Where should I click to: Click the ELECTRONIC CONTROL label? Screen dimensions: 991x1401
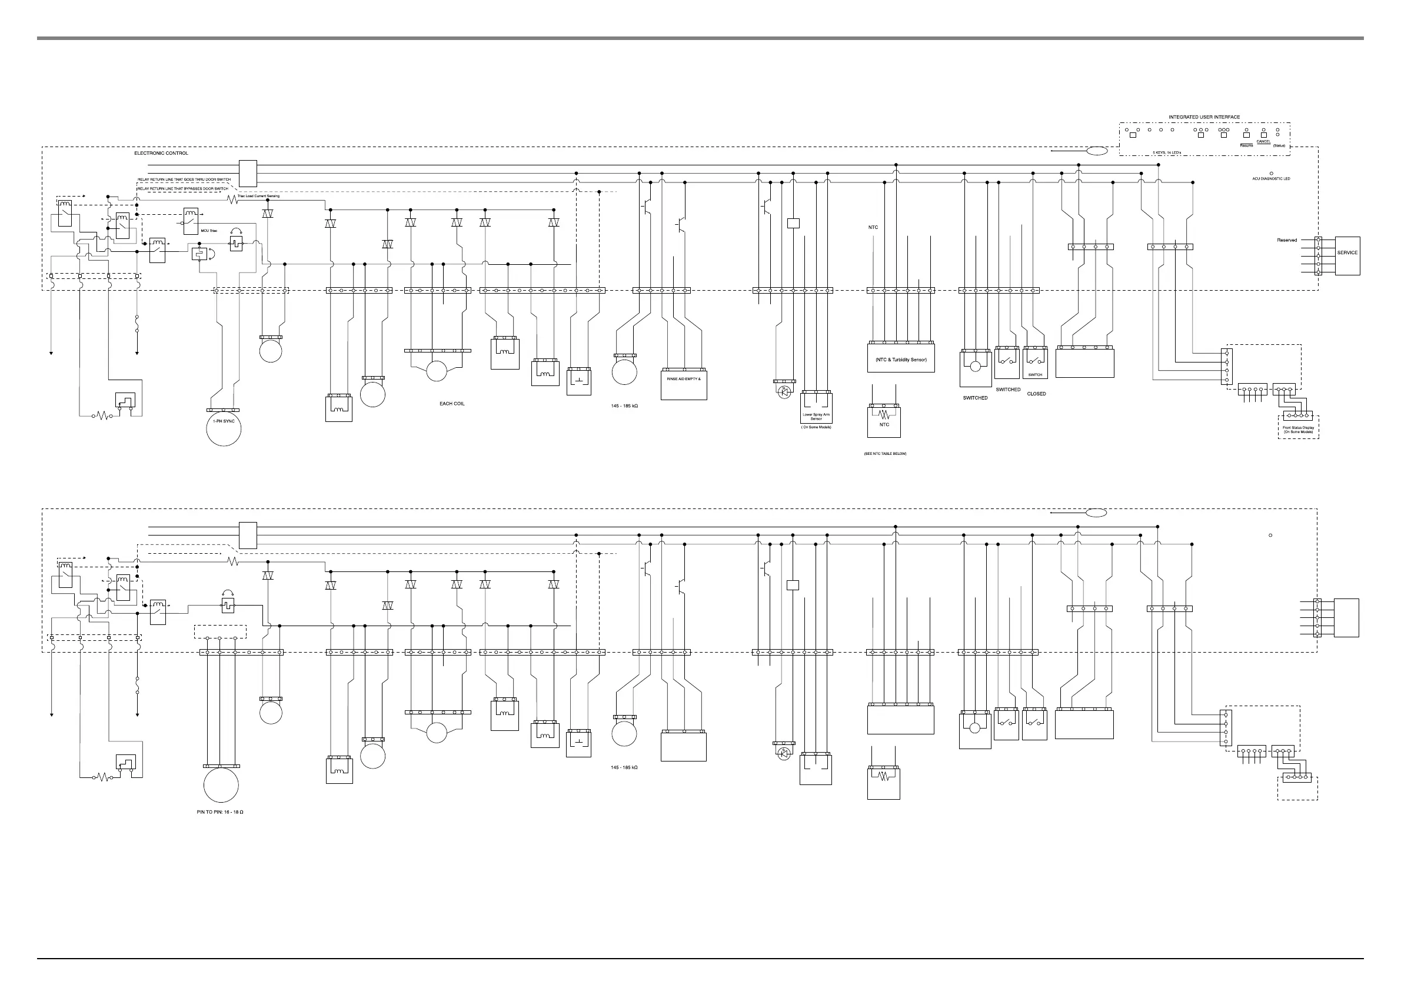[x=161, y=153]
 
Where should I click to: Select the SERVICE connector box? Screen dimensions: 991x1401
[x=1347, y=252]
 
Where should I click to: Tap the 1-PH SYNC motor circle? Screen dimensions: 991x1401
[x=224, y=428]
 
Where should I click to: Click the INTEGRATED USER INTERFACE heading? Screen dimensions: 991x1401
[x=1204, y=117]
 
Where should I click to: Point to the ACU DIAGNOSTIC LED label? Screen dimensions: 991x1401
[x=1271, y=179]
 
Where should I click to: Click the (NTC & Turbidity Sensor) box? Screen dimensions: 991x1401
[x=901, y=360]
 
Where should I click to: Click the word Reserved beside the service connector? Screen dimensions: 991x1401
[x=1287, y=241]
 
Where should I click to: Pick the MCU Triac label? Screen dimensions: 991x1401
[x=209, y=231]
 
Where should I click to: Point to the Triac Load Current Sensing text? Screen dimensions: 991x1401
[x=258, y=196]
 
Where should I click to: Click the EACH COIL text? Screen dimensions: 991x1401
[x=452, y=404]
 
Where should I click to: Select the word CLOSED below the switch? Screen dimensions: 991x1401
[x=1036, y=394]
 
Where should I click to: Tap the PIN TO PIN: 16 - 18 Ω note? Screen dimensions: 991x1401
[x=219, y=812]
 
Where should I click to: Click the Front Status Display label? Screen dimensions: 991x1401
[x=1298, y=430]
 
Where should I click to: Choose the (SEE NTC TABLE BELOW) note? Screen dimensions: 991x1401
[x=885, y=454]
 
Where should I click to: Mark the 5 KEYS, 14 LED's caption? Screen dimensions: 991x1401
[x=1167, y=152]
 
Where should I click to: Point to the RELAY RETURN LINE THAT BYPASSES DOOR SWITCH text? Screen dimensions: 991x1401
[x=183, y=189]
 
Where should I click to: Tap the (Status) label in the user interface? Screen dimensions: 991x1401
[x=1279, y=146]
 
